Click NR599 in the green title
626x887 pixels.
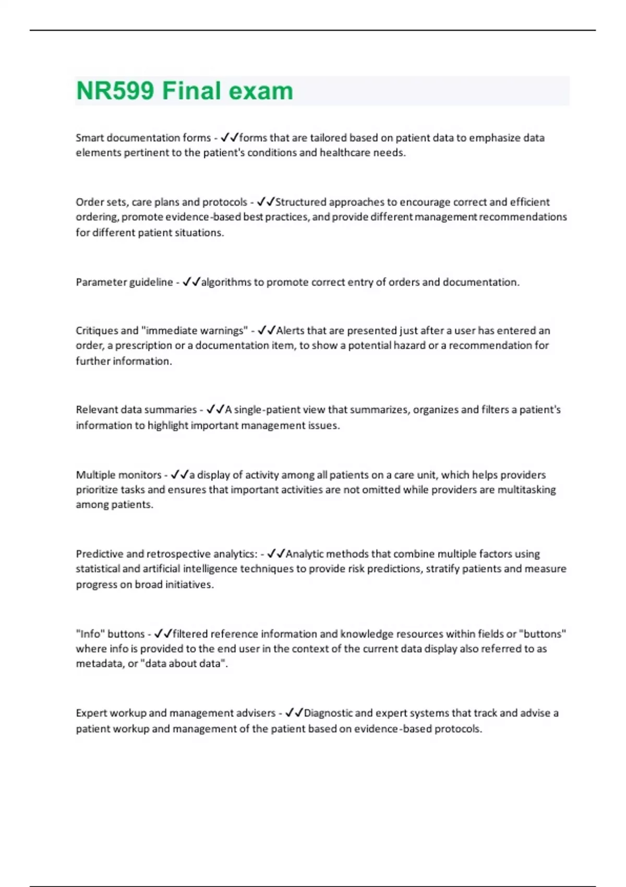click(115, 91)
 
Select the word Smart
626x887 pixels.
click(90, 138)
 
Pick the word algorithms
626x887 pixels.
click(226, 282)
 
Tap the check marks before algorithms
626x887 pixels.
click(191, 282)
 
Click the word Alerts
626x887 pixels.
click(292, 331)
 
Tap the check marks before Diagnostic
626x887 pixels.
click(294, 713)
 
